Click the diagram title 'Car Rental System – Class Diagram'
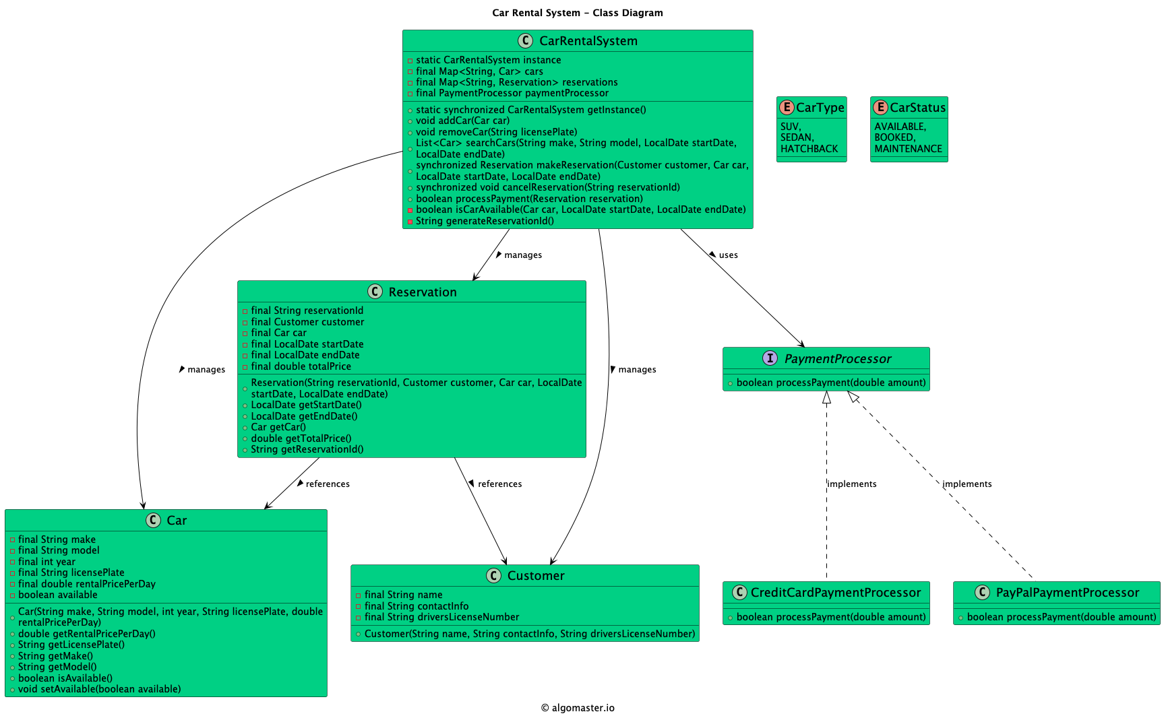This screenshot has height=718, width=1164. tap(577, 13)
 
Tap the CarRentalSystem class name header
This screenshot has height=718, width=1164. tap(588, 41)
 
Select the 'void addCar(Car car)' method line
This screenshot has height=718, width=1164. tap(462, 121)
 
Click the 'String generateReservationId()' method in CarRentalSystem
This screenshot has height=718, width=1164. tap(485, 221)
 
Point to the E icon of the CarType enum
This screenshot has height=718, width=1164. tap(787, 107)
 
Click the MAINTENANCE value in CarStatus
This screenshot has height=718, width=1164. tap(908, 149)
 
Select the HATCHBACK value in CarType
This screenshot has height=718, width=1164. tap(809, 149)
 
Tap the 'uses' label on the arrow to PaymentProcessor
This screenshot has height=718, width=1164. tap(728, 255)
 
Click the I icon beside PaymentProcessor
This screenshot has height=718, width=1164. tap(770, 358)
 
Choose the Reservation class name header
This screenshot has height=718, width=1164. tap(422, 292)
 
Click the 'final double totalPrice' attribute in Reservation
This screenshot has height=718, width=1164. tap(301, 366)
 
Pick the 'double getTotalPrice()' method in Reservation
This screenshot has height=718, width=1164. tap(301, 438)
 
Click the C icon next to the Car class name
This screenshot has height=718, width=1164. tap(153, 520)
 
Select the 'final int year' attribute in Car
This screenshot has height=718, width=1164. tap(47, 562)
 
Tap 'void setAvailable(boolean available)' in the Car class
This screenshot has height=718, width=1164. tap(99, 689)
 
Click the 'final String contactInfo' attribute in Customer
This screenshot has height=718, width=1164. tap(416, 606)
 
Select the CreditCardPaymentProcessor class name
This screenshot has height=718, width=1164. tap(835, 593)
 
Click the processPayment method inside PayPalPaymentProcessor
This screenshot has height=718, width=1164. tap(1061, 617)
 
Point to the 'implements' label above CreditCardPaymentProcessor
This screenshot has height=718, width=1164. tap(852, 484)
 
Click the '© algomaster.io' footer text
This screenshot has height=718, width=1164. tap(578, 708)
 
